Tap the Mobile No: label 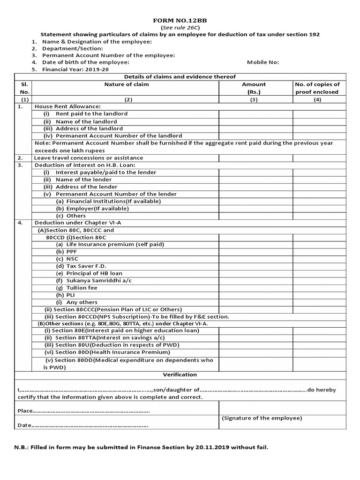[x=262, y=62]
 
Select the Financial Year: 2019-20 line [x=75, y=69]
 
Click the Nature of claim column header [x=126, y=84]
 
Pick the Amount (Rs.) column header [x=254, y=88]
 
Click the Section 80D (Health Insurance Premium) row [x=107, y=352]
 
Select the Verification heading [x=180, y=375]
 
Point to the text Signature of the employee [x=262, y=418]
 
